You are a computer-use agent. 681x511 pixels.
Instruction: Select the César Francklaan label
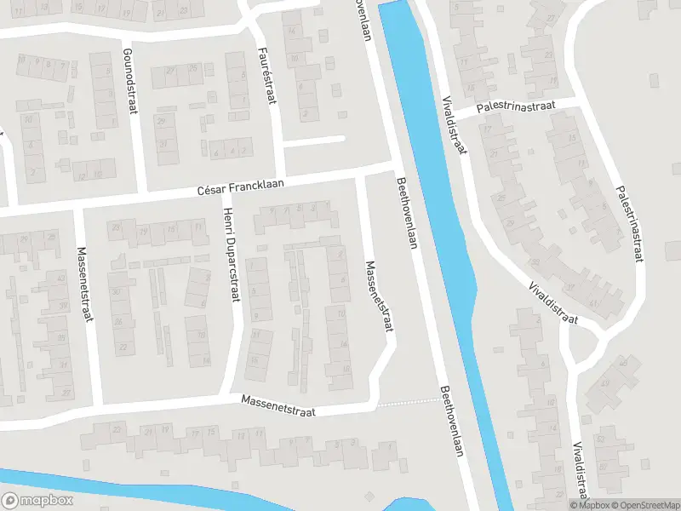tap(240, 187)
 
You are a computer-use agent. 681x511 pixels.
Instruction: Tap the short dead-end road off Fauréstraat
tap(313, 141)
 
